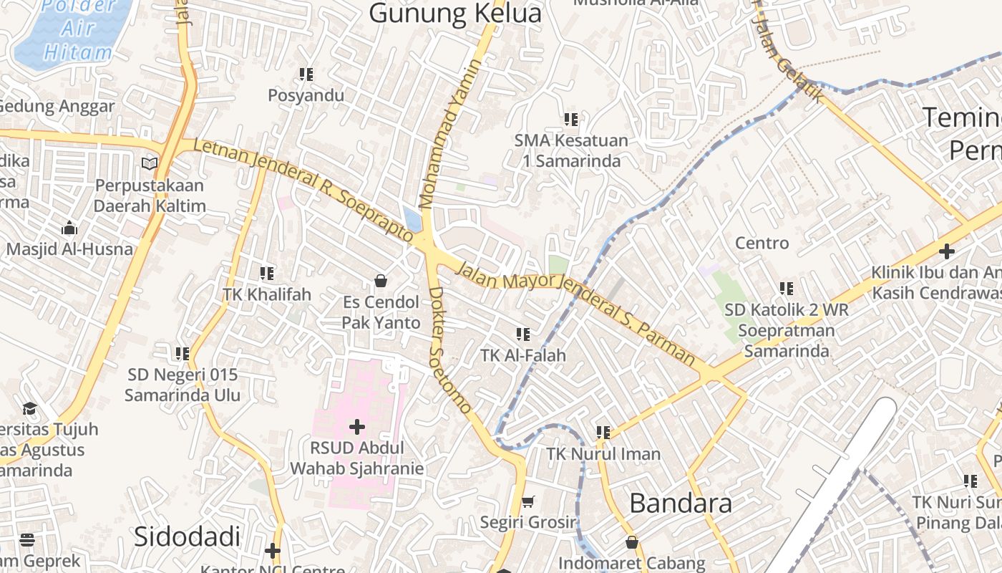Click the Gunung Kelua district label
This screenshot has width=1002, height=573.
coord(455,13)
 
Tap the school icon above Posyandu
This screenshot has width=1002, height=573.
coord(306,74)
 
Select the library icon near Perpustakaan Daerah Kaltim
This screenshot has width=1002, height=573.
coord(150,164)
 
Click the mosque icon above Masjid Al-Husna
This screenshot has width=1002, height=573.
coord(69,228)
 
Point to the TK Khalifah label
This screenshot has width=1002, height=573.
coord(267,294)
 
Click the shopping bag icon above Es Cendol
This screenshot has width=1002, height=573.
coord(381,280)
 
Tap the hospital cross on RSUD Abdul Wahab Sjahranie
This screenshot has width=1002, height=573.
coord(356,428)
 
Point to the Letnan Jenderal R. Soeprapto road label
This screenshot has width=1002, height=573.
coord(303,191)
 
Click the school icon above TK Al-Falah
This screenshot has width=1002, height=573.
coord(523,334)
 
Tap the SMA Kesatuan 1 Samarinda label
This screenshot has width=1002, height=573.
coord(571,150)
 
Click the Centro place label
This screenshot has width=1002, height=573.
coord(762,244)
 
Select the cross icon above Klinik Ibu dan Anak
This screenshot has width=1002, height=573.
coord(946,251)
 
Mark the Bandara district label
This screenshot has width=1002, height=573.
coord(681,504)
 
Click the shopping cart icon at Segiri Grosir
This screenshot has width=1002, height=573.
coord(528,501)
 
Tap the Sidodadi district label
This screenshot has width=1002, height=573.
coord(187,536)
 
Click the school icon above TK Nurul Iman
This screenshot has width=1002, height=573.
coord(603,432)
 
